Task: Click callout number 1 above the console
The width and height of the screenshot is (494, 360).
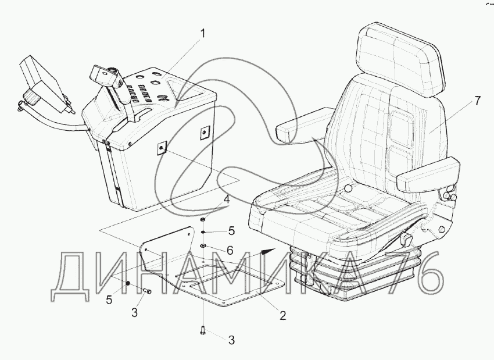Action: click(x=203, y=34)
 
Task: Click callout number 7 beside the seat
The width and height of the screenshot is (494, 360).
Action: click(x=477, y=101)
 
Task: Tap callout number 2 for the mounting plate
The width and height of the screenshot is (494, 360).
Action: click(x=282, y=316)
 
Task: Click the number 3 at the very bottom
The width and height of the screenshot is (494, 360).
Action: click(x=231, y=340)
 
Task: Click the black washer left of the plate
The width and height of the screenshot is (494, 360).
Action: click(x=128, y=284)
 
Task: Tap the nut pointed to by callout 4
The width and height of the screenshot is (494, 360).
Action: click(x=202, y=220)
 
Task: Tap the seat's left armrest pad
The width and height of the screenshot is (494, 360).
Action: click(x=292, y=129)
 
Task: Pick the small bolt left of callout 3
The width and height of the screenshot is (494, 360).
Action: click(x=146, y=291)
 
